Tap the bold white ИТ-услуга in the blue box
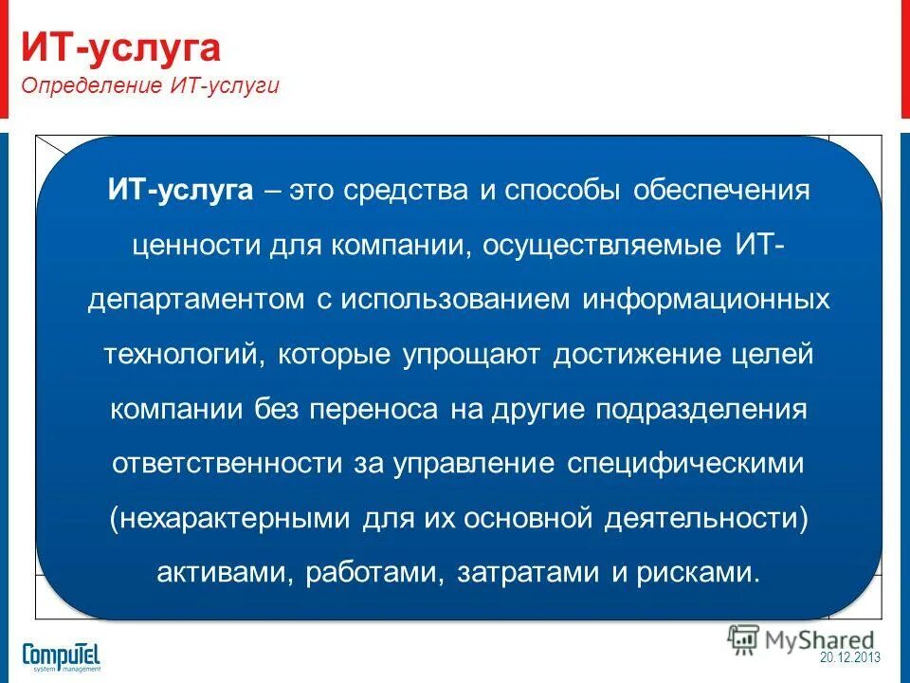(x=180, y=191)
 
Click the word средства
(x=407, y=191)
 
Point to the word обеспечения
(x=720, y=191)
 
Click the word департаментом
(x=191, y=301)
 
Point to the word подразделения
(x=701, y=410)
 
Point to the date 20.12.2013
(x=850, y=657)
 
